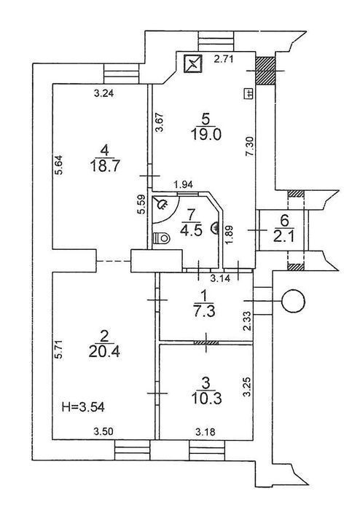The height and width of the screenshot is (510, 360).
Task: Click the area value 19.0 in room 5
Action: click(206, 134)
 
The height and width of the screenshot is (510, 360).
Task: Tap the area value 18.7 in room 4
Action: click(106, 166)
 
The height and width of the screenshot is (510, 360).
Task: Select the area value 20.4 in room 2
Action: click(104, 351)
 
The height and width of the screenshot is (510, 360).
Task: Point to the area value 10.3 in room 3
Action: click(206, 398)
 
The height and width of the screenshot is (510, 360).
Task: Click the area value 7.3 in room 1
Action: click(203, 311)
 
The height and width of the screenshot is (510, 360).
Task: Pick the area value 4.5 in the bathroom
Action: click(192, 230)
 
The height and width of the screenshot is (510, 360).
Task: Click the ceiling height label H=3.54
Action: click(83, 407)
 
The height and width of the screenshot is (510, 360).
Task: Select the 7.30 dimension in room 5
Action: click(250, 146)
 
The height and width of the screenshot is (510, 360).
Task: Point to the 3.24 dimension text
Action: click(103, 94)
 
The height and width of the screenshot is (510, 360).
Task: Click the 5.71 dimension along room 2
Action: click(58, 349)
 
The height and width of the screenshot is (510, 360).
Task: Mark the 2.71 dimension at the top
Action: click(224, 59)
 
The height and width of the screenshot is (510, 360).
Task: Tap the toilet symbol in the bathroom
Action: click(160, 238)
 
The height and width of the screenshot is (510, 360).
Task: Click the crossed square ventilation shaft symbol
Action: click(193, 63)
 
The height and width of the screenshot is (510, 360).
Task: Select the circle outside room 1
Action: click(294, 301)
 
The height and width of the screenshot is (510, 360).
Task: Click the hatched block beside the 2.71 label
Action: click(266, 71)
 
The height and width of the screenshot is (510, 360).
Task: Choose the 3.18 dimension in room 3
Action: click(206, 432)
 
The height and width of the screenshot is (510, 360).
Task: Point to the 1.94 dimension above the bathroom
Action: click(184, 185)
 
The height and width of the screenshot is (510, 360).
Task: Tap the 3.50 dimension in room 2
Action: click(103, 432)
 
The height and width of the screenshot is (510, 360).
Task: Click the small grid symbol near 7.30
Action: click(249, 94)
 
